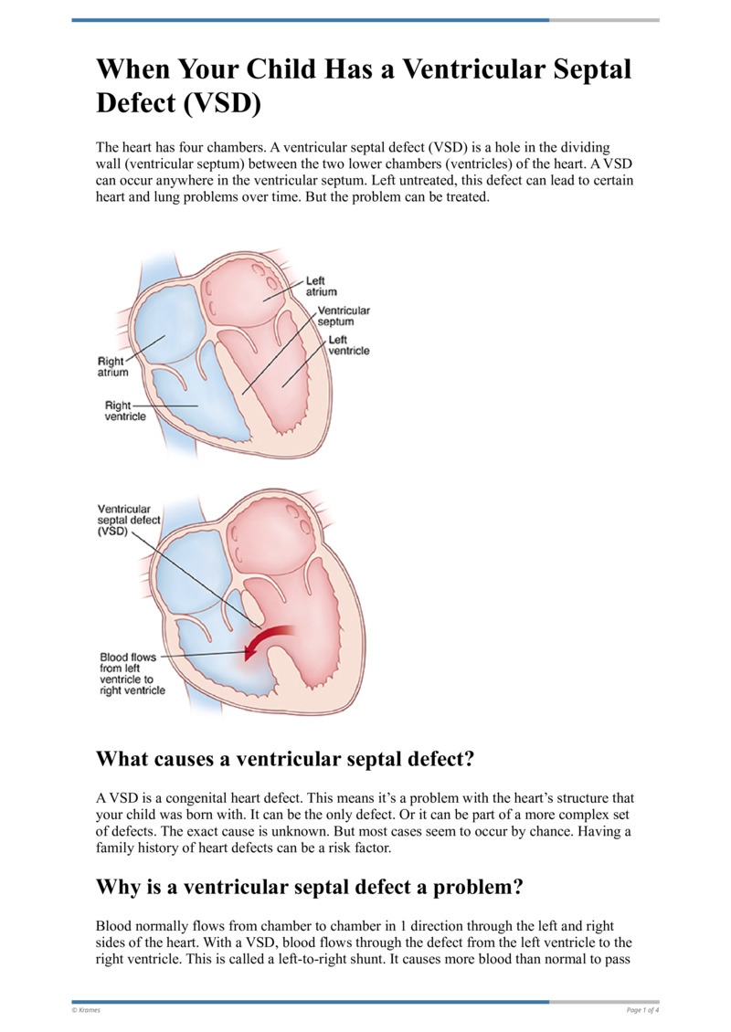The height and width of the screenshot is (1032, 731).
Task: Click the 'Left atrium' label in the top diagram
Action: point(321,286)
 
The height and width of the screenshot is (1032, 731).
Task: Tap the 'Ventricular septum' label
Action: point(343,316)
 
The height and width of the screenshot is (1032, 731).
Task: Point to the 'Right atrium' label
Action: point(112,367)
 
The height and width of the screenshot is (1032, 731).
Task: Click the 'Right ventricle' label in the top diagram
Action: point(125,411)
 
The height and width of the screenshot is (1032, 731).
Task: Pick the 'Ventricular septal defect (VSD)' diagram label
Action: point(129,520)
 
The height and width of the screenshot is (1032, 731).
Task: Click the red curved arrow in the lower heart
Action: point(271,638)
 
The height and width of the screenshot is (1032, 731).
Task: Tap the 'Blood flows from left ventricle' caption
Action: point(132,673)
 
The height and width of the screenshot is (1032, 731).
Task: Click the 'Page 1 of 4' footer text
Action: point(642,1009)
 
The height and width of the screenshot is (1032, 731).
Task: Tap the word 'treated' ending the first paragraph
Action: point(468,196)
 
